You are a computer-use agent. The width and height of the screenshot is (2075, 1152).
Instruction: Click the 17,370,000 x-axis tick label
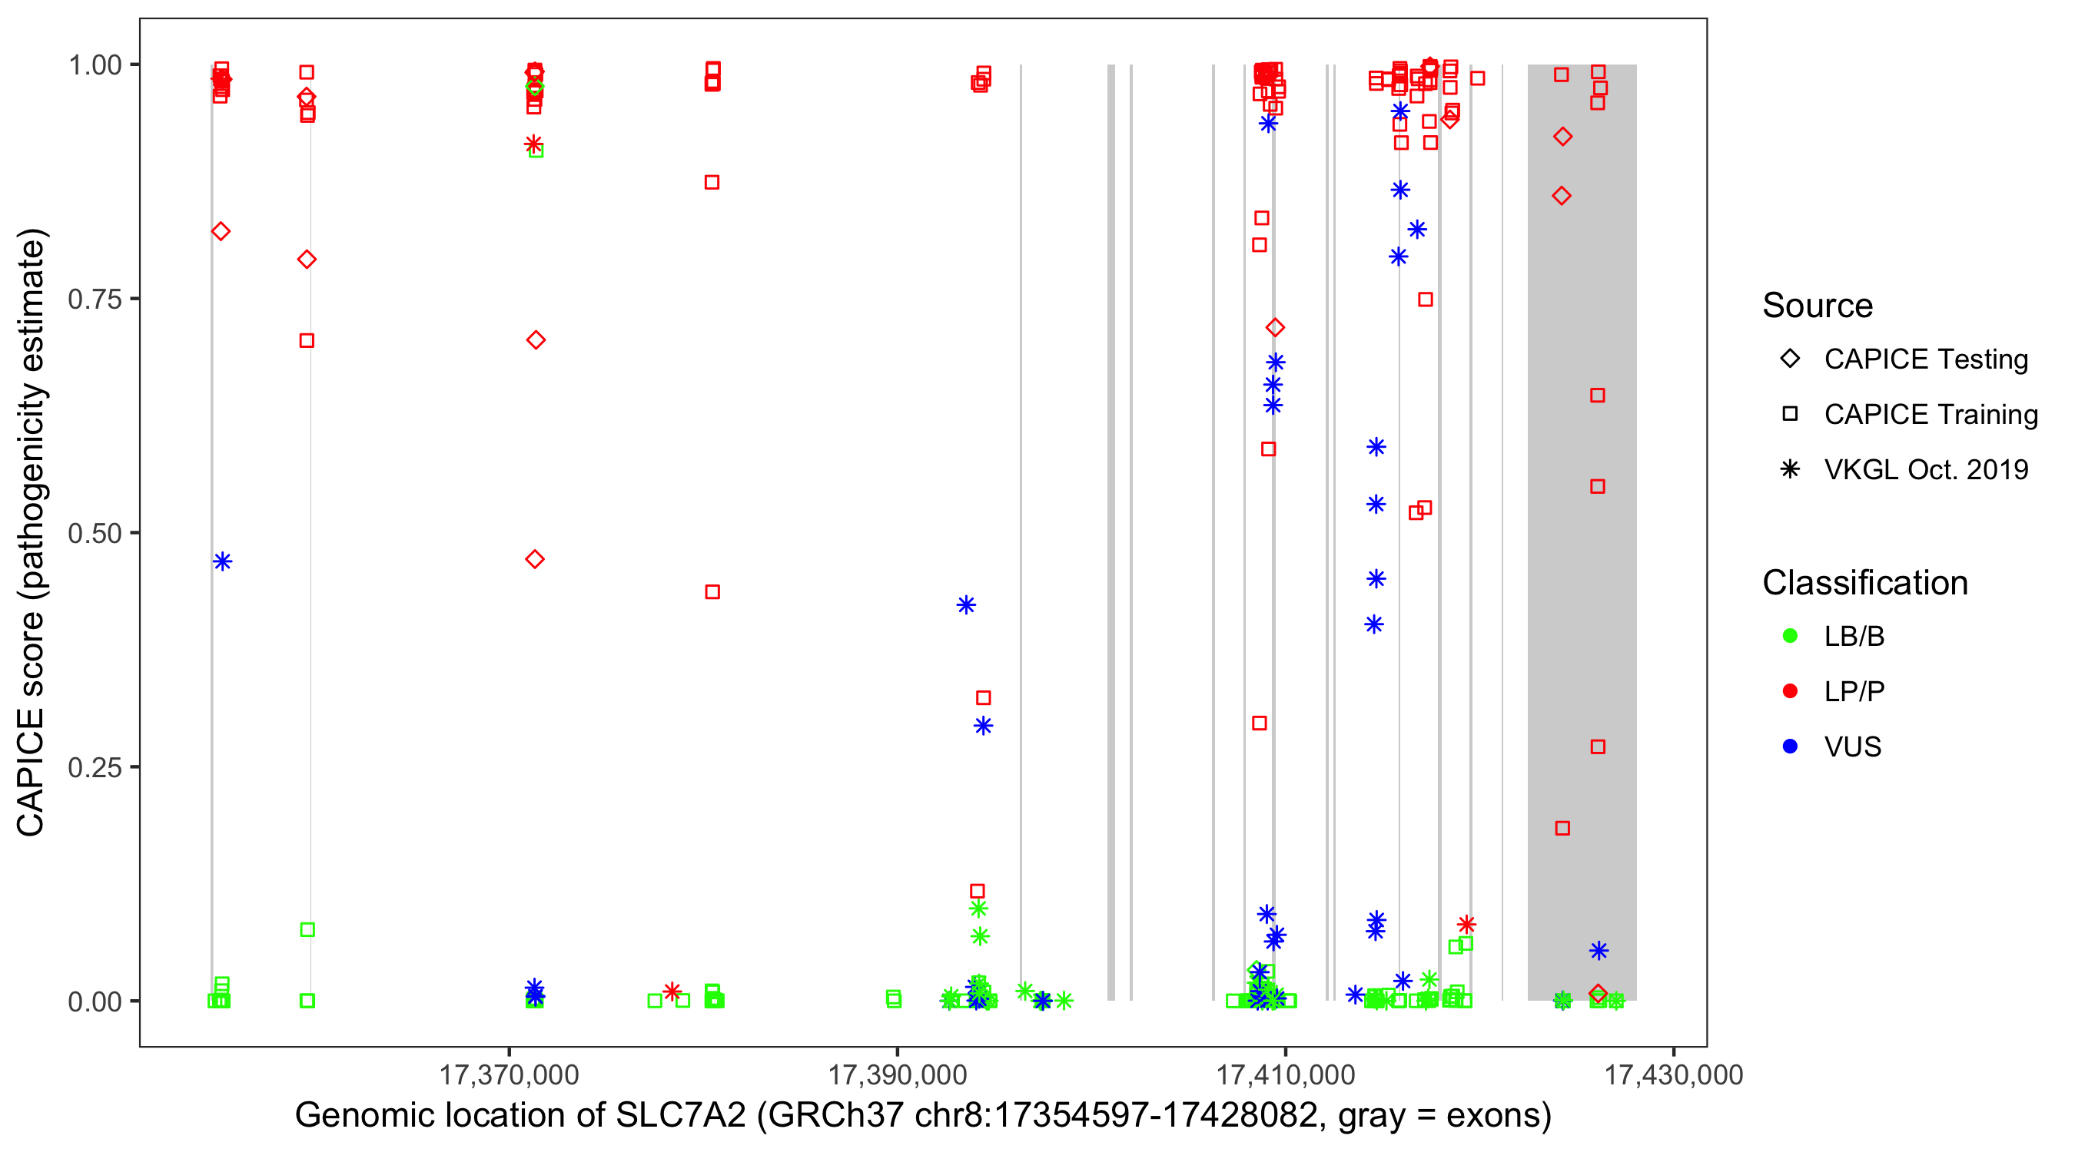click(508, 1074)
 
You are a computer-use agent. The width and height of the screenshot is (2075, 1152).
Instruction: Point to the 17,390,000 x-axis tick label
click(898, 1074)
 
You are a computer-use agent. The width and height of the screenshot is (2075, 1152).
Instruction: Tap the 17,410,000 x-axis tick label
click(1286, 1074)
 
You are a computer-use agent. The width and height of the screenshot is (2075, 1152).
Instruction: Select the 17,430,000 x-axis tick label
click(1673, 1074)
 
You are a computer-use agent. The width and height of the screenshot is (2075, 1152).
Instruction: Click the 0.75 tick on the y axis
click(95, 300)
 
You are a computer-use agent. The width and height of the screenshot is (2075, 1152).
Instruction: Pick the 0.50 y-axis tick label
click(95, 534)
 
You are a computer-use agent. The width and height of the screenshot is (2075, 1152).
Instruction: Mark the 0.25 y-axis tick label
click(95, 767)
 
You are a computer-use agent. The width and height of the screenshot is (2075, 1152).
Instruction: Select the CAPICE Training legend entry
click(1930, 415)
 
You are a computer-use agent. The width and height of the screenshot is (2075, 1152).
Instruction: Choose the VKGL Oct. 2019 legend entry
click(1925, 469)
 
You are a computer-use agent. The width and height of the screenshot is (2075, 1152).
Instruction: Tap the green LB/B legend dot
click(1790, 636)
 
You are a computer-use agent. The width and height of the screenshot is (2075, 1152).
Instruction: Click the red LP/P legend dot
click(1790, 691)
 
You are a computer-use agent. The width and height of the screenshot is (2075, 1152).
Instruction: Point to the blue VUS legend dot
click(1790, 746)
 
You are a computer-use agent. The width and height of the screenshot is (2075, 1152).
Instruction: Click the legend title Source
click(1818, 306)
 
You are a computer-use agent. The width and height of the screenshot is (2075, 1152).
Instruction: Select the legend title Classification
click(1864, 583)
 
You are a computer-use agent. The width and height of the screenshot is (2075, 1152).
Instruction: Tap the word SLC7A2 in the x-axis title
click(681, 1116)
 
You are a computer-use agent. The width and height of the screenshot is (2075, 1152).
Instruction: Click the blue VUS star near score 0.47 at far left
click(222, 561)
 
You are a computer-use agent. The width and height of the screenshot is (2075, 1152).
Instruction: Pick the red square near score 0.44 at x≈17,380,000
click(712, 591)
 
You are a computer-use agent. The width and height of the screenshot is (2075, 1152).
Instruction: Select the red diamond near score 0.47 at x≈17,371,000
click(535, 558)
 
